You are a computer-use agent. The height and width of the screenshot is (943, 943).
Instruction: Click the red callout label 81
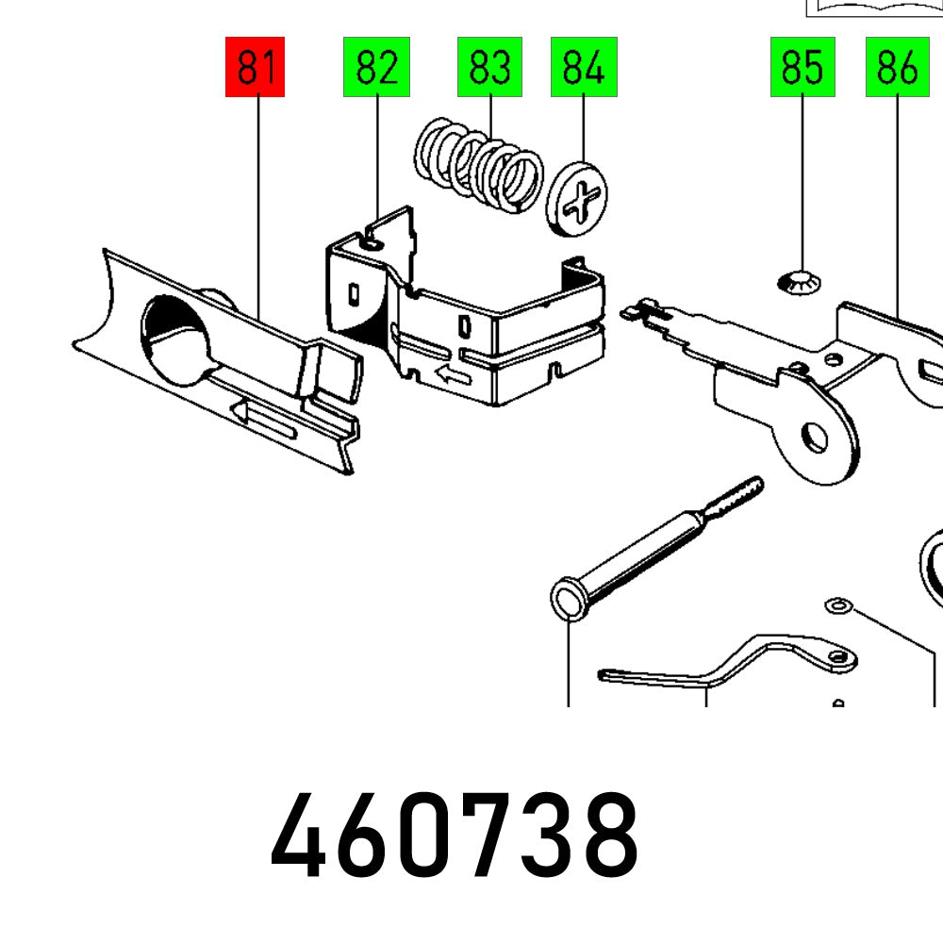[255, 67]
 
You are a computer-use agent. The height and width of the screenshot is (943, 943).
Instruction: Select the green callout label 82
[376, 67]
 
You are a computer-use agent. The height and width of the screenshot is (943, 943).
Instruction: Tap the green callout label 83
[489, 67]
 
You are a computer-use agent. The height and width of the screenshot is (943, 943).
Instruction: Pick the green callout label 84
[584, 67]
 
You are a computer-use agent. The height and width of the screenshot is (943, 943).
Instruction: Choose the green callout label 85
[802, 67]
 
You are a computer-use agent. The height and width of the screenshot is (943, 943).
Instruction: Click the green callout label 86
[897, 67]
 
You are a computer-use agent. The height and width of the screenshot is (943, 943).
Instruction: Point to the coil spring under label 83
[480, 164]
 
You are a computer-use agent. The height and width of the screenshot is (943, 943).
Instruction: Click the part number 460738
[454, 835]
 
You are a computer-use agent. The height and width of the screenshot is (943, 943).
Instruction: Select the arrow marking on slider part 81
[264, 421]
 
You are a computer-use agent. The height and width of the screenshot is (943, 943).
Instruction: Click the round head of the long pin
[569, 600]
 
